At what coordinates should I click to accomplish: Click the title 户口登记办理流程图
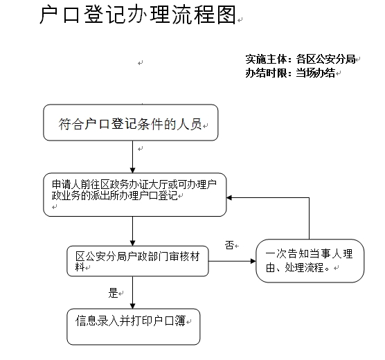138,15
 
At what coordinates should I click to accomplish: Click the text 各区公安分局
326,59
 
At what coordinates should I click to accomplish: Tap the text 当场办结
316,73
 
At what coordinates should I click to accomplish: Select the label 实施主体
266,59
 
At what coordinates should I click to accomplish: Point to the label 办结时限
266,73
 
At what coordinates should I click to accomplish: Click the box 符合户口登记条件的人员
131,123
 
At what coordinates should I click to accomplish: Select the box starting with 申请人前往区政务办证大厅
135,195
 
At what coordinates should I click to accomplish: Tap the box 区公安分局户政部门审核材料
138,261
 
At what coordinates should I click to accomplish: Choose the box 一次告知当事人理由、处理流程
310,261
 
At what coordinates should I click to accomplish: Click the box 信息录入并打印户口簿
134,327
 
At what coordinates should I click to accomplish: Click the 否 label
229,245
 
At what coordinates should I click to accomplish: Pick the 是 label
113,293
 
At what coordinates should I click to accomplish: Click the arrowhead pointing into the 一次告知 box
253,261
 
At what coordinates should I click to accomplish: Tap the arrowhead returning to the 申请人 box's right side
229,198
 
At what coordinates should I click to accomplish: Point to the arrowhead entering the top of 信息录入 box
132,306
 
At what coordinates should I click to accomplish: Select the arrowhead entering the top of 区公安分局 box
132,243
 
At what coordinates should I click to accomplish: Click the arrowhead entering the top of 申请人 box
132,170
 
